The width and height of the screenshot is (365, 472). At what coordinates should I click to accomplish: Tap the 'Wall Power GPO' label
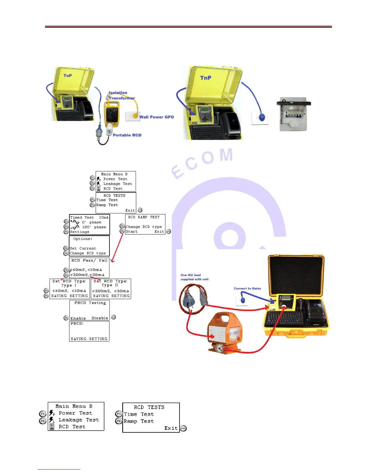[157, 117]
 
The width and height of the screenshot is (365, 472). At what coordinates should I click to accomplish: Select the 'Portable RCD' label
[127, 135]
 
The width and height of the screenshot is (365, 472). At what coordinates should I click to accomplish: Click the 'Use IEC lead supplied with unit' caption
[194, 277]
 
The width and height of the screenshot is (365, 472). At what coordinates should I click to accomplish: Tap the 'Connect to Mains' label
[247, 288]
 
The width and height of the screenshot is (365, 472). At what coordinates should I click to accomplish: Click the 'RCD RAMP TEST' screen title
[144, 217]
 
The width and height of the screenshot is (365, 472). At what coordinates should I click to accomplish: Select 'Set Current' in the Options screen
[83, 248]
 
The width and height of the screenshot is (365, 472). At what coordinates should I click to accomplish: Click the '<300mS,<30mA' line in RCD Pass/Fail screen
[87, 275]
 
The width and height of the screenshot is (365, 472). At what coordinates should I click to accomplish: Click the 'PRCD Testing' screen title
[90, 303]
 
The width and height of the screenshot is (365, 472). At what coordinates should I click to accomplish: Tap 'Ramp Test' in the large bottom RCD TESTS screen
[139, 421]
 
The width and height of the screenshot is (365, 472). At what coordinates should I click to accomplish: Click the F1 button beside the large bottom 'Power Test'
[43, 414]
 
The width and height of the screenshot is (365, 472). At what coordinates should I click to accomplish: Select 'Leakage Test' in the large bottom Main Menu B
[79, 420]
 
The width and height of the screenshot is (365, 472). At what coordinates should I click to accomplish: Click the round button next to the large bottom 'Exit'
[183, 428]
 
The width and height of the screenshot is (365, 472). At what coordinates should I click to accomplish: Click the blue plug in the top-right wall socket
[261, 117]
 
